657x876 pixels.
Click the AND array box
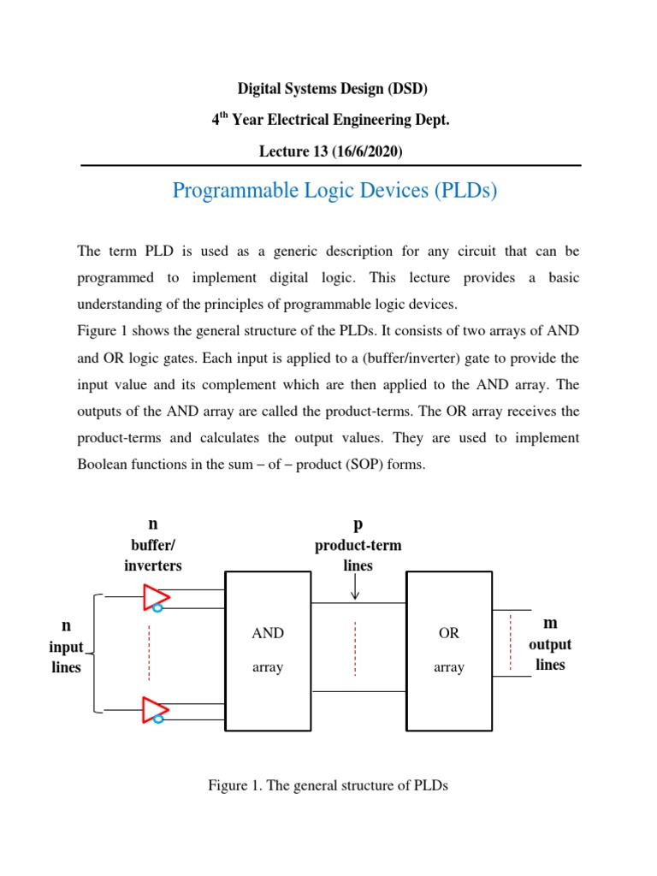click(268, 651)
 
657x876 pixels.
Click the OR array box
click(448, 651)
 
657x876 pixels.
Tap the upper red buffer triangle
click(155, 596)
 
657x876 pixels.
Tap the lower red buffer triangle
click(155, 708)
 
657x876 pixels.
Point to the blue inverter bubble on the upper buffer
click(158, 608)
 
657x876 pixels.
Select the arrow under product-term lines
click(355, 588)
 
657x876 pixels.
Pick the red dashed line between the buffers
click(149, 652)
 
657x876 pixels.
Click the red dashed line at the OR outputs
click(511, 642)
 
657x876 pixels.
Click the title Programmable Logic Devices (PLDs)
click(334, 190)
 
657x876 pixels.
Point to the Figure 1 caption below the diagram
click(328, 785)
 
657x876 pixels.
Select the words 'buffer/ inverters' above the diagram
click(153, 555)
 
